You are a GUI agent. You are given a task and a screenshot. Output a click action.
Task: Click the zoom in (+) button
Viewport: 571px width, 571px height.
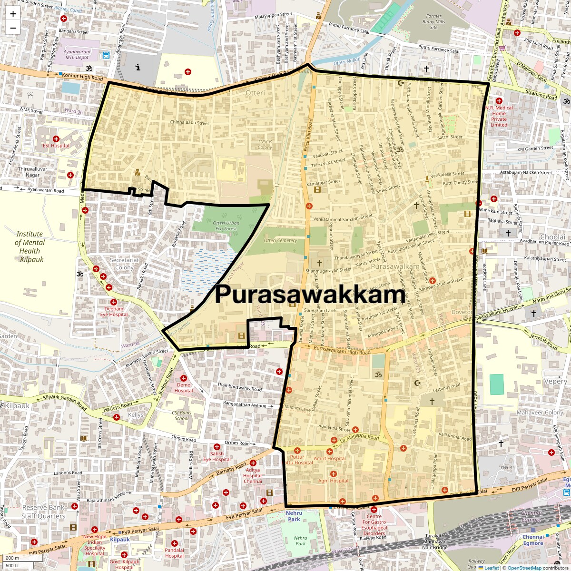point(13,14)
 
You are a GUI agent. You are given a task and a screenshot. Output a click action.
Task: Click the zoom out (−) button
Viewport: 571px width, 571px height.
point(13,28)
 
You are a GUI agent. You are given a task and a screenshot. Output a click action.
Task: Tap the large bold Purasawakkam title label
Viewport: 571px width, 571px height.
point(310,294)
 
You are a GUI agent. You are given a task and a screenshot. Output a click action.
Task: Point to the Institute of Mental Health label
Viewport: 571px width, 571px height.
point(30,246)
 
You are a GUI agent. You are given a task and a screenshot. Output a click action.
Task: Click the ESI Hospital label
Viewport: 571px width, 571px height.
point(56,146)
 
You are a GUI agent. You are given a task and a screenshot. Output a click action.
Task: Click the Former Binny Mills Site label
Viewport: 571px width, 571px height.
point(433,21)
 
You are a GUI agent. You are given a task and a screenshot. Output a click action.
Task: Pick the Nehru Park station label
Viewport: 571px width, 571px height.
point(294,516)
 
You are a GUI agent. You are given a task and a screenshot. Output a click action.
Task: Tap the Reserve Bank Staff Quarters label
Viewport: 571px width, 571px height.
point(43,512)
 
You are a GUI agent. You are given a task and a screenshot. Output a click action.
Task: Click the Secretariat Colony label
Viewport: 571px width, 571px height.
point(124,264)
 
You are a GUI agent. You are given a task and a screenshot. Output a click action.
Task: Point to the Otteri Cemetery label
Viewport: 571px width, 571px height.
point(280,240)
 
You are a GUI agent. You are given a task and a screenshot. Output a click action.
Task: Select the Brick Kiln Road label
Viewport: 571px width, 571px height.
point(307,138)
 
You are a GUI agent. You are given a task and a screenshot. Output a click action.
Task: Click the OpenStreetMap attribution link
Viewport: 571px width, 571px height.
point(524,568)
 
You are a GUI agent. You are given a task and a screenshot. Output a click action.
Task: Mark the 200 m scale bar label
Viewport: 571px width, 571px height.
point(12,558)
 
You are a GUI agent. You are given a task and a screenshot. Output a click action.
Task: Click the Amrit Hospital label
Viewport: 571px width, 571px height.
point(330,459)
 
